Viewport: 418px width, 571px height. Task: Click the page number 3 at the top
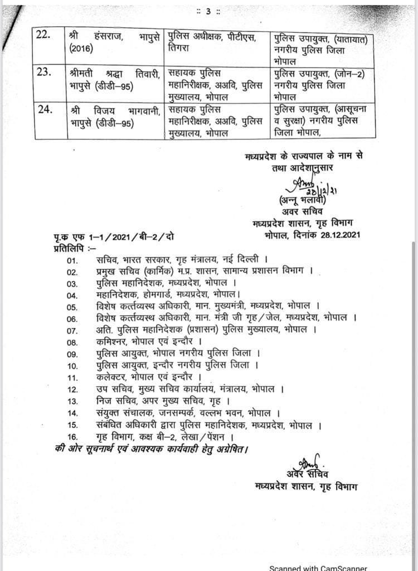[x=208, y=11]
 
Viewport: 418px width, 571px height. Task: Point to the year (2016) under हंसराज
[x=82, y=49]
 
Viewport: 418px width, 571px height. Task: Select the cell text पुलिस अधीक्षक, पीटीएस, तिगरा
[x=212, y=42]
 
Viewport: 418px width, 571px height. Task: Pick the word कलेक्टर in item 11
[x=112, y=376]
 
